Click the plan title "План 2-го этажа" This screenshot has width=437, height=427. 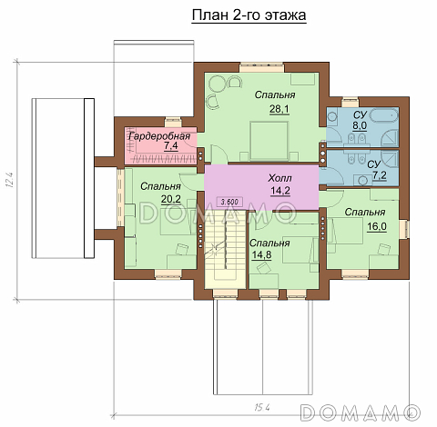tap(249, 15)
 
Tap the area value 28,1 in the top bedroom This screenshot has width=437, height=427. tap(279, 109)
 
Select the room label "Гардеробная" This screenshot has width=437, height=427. tap(159, 136)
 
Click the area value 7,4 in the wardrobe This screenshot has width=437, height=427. tap(170, 146)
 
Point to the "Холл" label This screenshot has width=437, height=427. tap(279, 178)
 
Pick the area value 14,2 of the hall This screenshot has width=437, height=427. tap(280, 191)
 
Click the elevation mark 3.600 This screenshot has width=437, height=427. tap(229, 202)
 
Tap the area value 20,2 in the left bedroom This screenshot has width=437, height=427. tap(171, 199)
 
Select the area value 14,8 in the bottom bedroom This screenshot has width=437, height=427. tap(261, 255)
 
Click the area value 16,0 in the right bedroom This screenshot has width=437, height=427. tap(377, 226)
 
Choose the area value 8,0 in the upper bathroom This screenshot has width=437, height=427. tap(360, 125)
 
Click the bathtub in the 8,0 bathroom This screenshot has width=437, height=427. tap(384, 116)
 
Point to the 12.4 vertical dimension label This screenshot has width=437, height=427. tap(9, 180)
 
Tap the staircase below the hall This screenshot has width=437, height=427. tap(225, 248)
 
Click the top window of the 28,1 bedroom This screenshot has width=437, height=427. tap(261, 67)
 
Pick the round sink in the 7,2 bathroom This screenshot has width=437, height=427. tap(362, 180)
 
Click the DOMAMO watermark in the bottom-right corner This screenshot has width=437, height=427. tap(360, 412)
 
